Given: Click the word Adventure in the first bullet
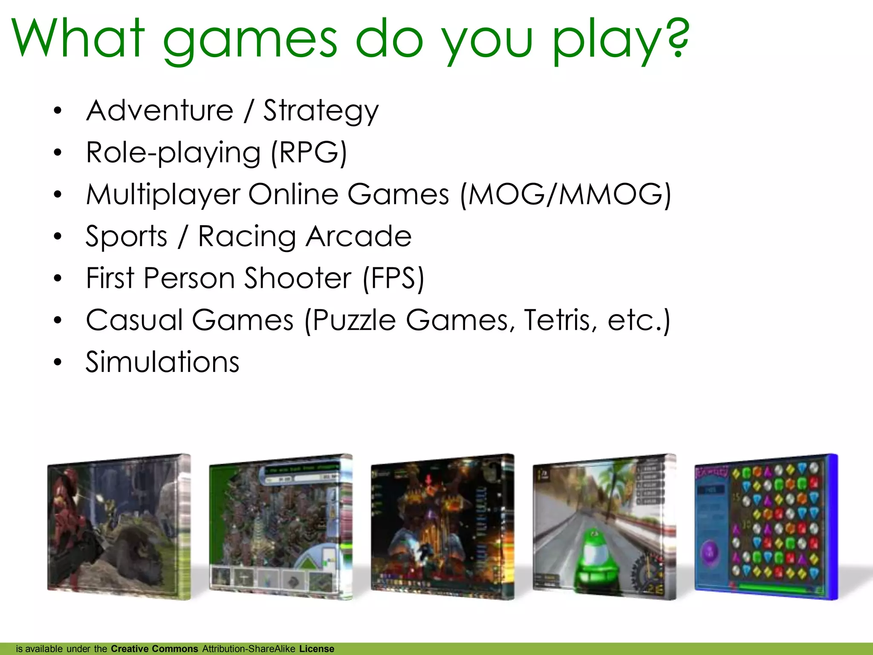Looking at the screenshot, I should coord(160,110).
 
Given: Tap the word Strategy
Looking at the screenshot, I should coord(321,111).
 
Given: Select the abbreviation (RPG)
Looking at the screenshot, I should coord(309,152).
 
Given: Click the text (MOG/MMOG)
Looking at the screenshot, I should coord(566,194).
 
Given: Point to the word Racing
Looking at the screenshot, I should coord(247,237).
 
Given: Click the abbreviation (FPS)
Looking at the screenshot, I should coord(393,278).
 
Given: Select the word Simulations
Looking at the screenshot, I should coord(162,362).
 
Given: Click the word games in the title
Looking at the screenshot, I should coord(250,41).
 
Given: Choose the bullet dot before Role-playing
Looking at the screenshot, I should coord(58,153).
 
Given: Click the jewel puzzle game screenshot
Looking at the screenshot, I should coord(766,527).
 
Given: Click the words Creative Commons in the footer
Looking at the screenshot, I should coord(154,649).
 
